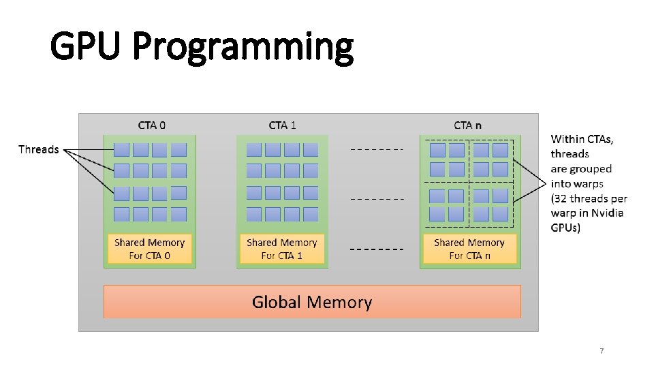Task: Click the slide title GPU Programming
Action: (202, 48)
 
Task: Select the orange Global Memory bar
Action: (312, 302)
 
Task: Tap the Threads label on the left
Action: (38, 149)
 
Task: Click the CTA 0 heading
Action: (151, 125)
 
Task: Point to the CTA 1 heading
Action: (283, 125)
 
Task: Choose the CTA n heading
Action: (467, 125)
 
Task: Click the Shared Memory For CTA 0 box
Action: (149, 249)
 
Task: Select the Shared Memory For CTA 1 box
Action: (282, 249)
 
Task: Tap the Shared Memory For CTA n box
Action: (469, 249)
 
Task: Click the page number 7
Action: (602, 351)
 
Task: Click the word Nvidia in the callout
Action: (608, 213)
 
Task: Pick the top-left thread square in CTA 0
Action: (122, 150)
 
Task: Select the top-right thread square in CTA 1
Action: (311, 150)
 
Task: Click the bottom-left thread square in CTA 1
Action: (254, 214)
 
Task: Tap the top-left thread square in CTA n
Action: (438, 150)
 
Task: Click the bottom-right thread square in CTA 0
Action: (178, 214)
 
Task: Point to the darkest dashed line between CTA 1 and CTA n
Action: (376, 249)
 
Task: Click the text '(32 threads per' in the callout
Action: (589, 199)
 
